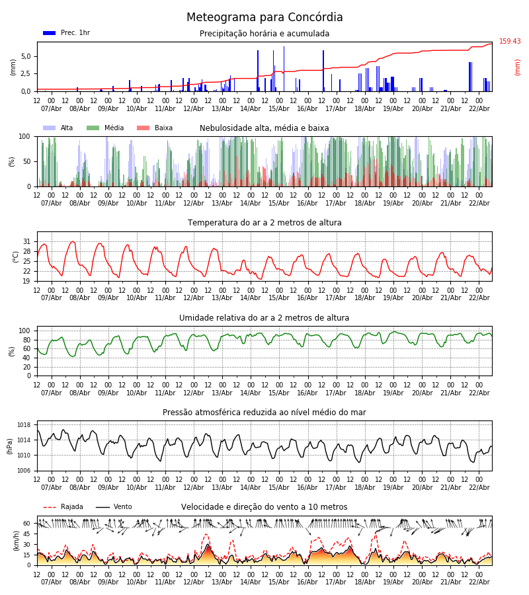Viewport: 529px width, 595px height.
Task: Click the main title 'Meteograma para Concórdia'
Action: (264, 18)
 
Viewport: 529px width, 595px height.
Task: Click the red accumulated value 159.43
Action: (510, 42)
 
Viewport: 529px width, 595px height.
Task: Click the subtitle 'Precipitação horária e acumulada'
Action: (264, 34)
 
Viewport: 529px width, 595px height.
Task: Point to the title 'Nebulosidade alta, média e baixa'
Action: (264, 128)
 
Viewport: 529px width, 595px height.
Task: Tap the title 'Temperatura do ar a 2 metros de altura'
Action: (264, 223)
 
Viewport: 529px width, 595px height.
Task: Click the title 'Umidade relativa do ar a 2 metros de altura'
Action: (264, 318)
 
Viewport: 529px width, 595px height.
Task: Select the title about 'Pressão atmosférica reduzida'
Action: (264, 413)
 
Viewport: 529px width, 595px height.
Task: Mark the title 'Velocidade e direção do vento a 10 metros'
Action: (264, 507)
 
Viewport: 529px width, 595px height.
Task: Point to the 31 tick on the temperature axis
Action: (27, 242)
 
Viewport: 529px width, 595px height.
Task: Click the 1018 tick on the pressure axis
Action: (24, 425)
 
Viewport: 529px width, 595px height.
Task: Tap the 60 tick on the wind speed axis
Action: (27, 524)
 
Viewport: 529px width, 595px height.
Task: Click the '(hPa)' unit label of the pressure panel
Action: (11, 446)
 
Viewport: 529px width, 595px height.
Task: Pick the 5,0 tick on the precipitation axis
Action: (26, 56)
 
